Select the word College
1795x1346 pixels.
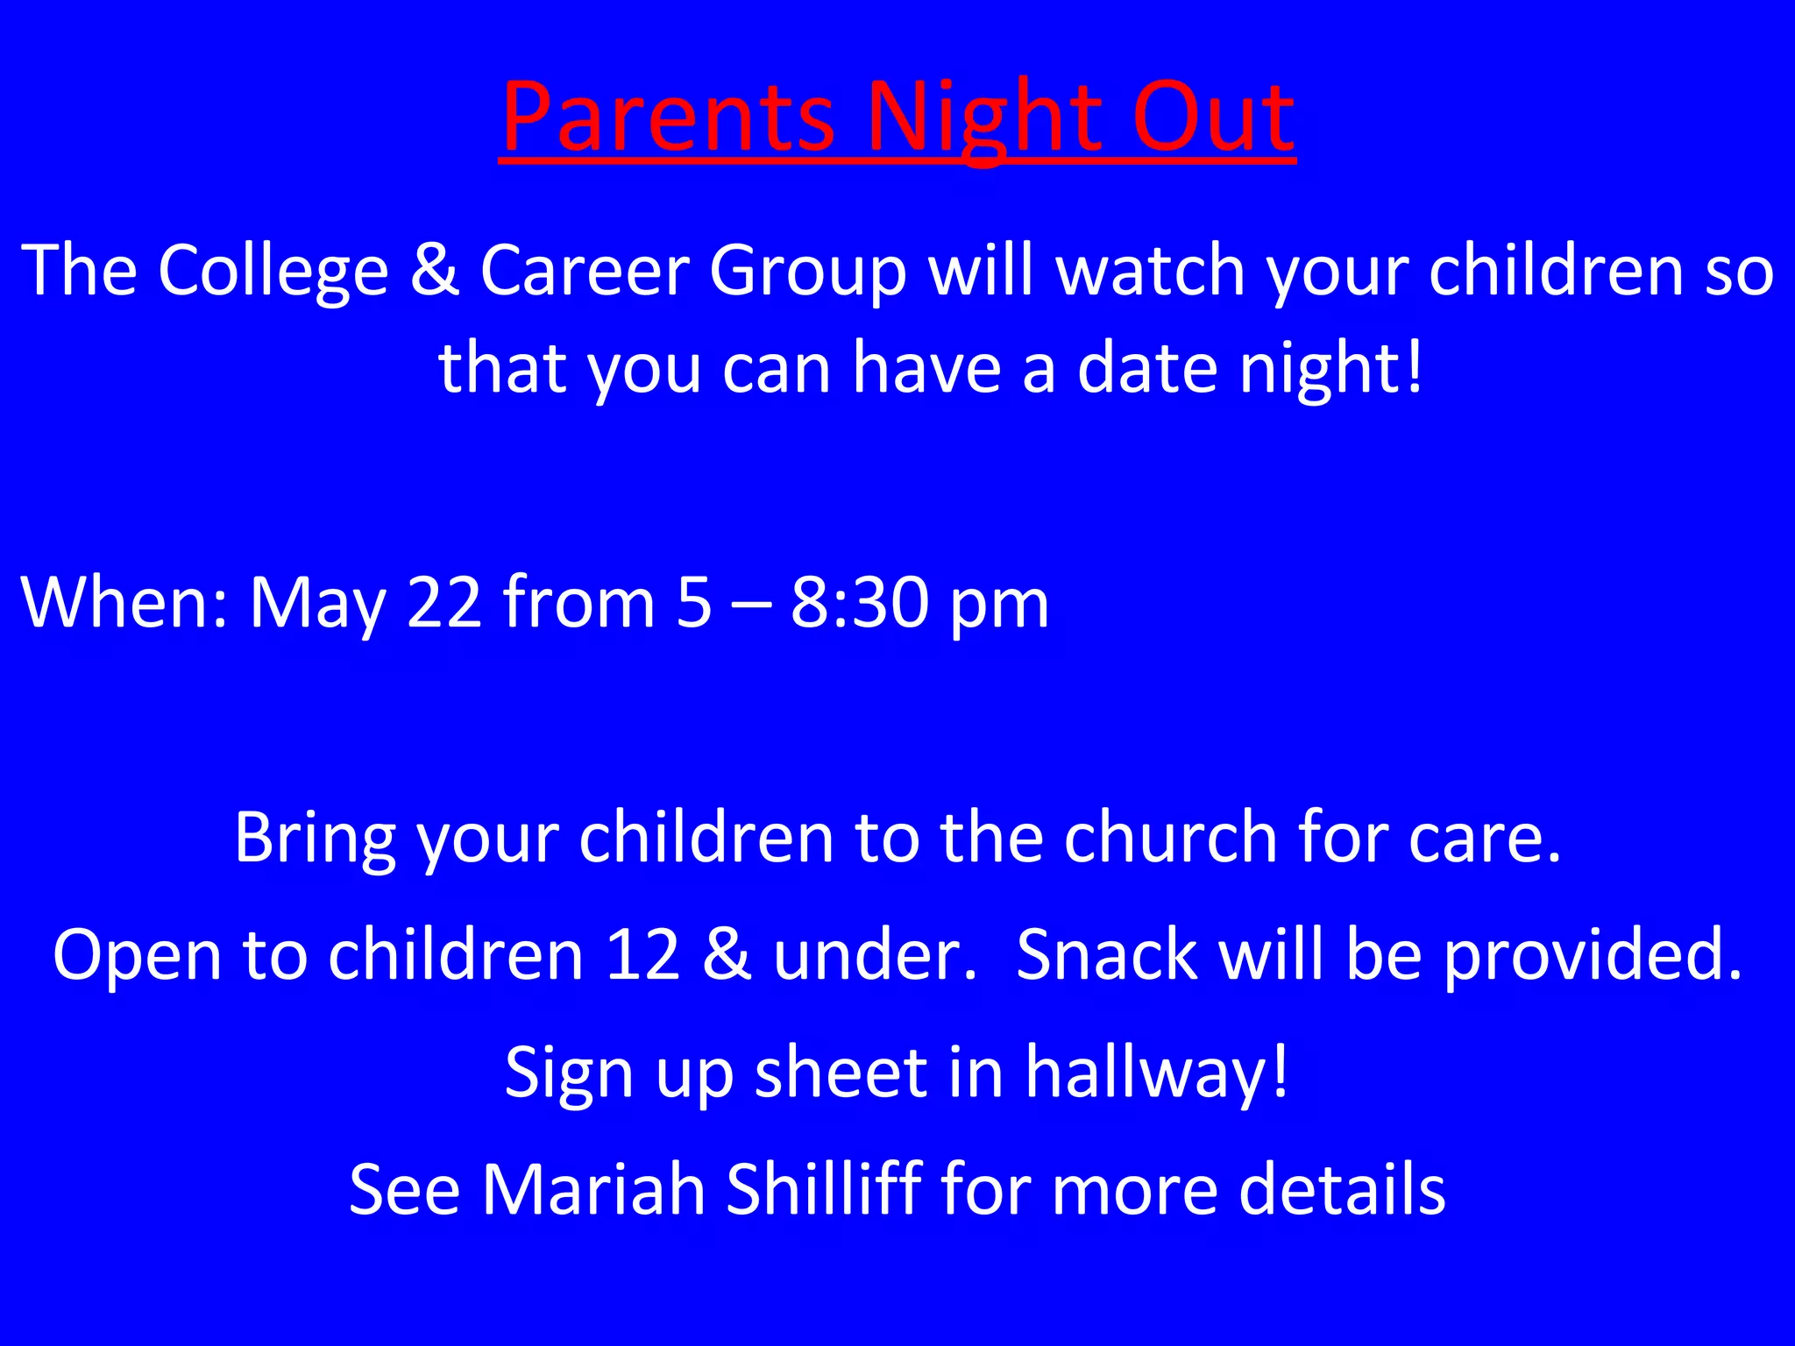(x=273, y=271)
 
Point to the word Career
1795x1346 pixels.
(x=585, y=271)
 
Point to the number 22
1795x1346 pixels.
(x=444, y=603)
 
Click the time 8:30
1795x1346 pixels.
(x=859, y=603)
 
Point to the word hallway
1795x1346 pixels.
(x=1156, y=1073)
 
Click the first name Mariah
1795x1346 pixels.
(x=593, y=1189)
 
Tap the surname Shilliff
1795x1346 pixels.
(x=823, y=1189)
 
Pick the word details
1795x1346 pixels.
(x=1342, y=1189)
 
